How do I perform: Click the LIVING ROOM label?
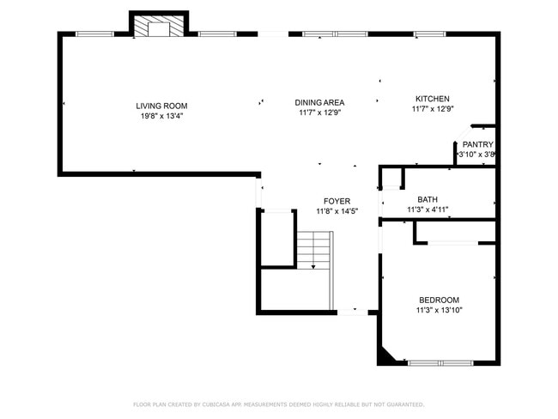(161, 106)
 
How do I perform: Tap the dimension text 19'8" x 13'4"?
(161, 116)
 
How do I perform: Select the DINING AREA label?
(319, 101)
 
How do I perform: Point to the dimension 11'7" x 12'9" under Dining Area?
(319, 112)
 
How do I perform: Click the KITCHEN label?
(432, 99)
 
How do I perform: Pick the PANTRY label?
(477, 144)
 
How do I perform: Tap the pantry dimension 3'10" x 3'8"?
(477, 155)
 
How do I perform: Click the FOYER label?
(337, 201)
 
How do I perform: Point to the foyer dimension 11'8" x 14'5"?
(337, 211)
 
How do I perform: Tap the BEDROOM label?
(439, 300)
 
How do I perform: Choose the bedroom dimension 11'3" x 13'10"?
(439, 310)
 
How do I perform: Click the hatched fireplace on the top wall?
(159, 27)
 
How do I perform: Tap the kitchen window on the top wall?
(429, 34)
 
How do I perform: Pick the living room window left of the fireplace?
(95, 34)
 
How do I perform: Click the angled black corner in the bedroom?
(387, 355)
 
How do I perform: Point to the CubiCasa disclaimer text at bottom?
(278, 404)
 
